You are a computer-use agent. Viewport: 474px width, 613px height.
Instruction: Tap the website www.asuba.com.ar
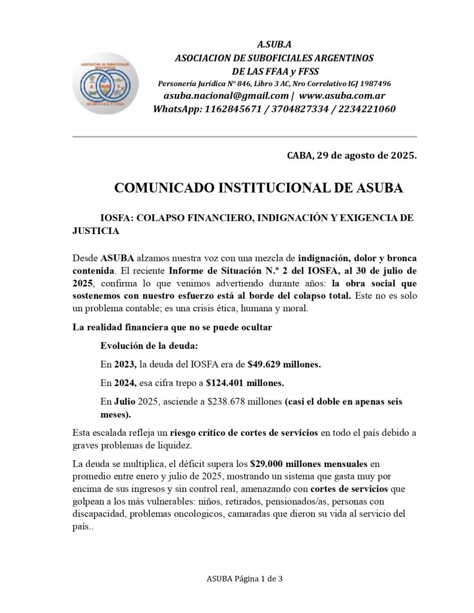(342, 96)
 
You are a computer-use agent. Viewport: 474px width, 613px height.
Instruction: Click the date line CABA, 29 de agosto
(351, 156)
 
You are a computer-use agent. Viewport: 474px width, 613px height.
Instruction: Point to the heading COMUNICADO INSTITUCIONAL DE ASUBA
(258, 188)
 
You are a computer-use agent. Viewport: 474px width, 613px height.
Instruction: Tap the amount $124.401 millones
(244, 382)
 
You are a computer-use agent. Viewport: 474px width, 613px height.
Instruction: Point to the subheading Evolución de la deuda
(149, 345)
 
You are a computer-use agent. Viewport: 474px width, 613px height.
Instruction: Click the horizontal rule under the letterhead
(244, 137)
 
